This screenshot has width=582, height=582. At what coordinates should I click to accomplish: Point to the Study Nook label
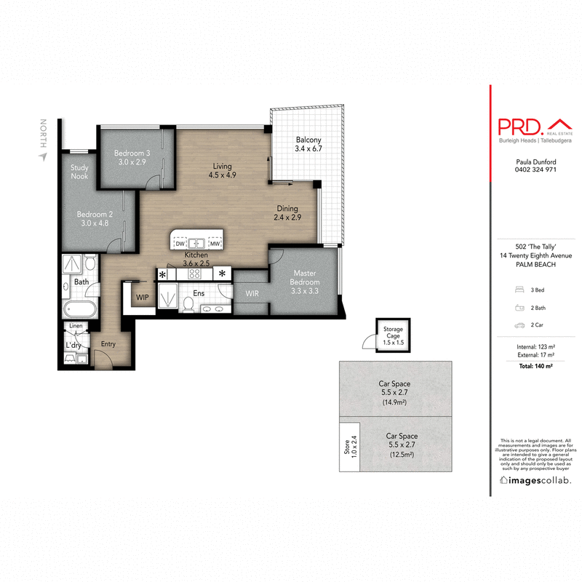pyautogui.click(x=79, y=172)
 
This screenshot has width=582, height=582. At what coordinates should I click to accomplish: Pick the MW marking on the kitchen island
pyautogui.click(x=215, y=243)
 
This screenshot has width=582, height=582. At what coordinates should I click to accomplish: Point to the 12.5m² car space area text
pyautogui.click(x=401, y=456)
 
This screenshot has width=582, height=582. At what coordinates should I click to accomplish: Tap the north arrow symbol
pyautogui.click(x=43, y=155)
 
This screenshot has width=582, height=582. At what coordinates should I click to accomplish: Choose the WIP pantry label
pyautogui.click(x=143, y=298)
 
